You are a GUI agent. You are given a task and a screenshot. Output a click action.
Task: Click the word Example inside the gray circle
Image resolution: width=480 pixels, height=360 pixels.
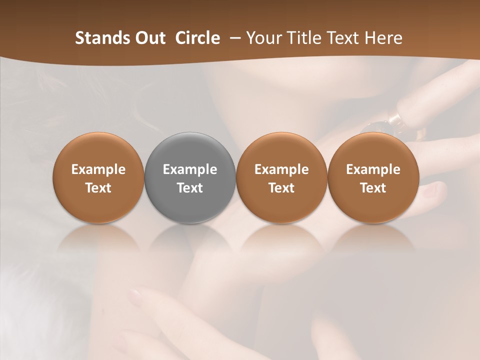(x=190, y=169)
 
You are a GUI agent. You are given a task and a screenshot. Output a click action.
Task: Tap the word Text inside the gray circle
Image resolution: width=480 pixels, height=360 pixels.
(x=190, y=188)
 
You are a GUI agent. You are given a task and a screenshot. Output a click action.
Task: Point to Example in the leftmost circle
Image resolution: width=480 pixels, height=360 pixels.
(x=98, y=169)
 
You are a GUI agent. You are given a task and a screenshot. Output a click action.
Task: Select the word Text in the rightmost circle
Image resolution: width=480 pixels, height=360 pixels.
(x=373, y=188)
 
